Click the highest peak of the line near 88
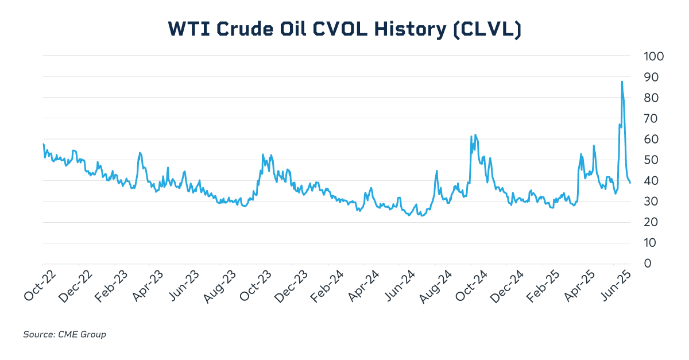click(622, 82)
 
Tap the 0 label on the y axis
click(648, 264)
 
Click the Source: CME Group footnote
click(64, 334)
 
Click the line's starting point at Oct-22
click(43, 144)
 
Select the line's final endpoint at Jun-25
click(630, 183)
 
